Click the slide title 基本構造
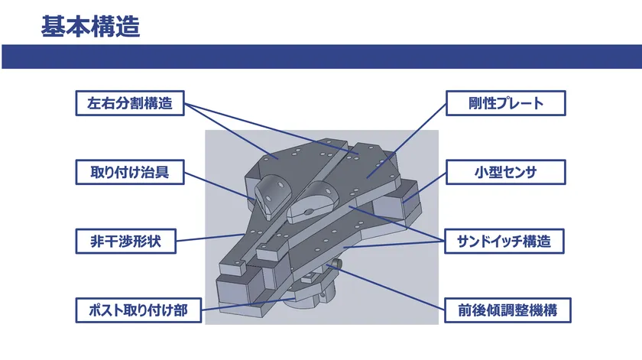90,27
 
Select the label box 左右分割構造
130,103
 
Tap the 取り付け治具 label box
130,172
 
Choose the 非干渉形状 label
125,242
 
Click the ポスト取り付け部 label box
138,310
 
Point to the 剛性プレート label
506,103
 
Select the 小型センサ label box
506,172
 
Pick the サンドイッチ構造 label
504,242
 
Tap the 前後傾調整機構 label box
507,310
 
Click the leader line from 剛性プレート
406,141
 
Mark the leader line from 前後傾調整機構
385,287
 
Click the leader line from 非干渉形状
210,238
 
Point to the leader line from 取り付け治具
219,186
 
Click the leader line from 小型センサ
424,187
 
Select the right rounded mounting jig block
312,202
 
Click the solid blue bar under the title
322,57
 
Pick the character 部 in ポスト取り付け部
180,310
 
